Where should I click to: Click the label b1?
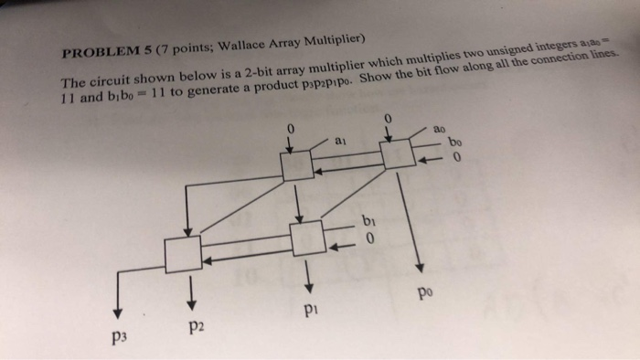pyautogui.click(x=367, y=220)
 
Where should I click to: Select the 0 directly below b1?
pyautogui.click(x=368, y=240)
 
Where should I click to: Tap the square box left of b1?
pyautogui.click(x=305, y=237)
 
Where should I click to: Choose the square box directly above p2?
pyautogui.click(x=183, y=252)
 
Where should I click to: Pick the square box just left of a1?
pyautogui.click(x=296, y=165)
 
